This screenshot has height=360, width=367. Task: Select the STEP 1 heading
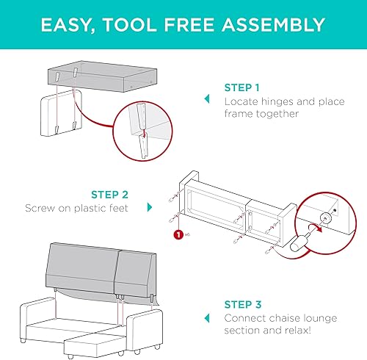242,86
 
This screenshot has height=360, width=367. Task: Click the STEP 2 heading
110,195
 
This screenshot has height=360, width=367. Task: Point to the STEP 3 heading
242,303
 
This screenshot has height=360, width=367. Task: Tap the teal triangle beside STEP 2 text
150,208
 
